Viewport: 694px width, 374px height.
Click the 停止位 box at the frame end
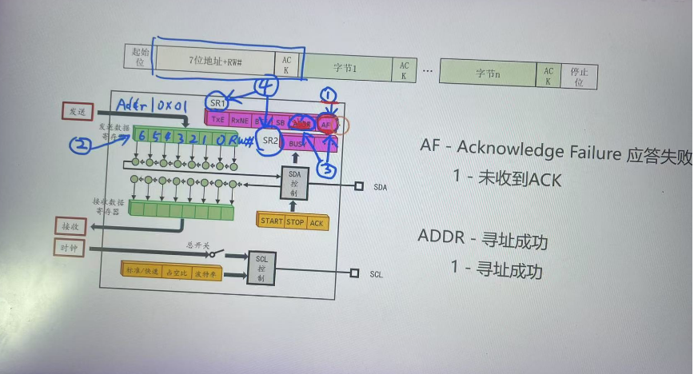[x=580, y=77]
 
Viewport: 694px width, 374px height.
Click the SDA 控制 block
[x=294, y=185]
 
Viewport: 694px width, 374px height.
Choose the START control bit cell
[x=272, y=221]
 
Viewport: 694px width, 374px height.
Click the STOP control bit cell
[x=295, y=221]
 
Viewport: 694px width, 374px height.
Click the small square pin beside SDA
[x=358, y=185]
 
